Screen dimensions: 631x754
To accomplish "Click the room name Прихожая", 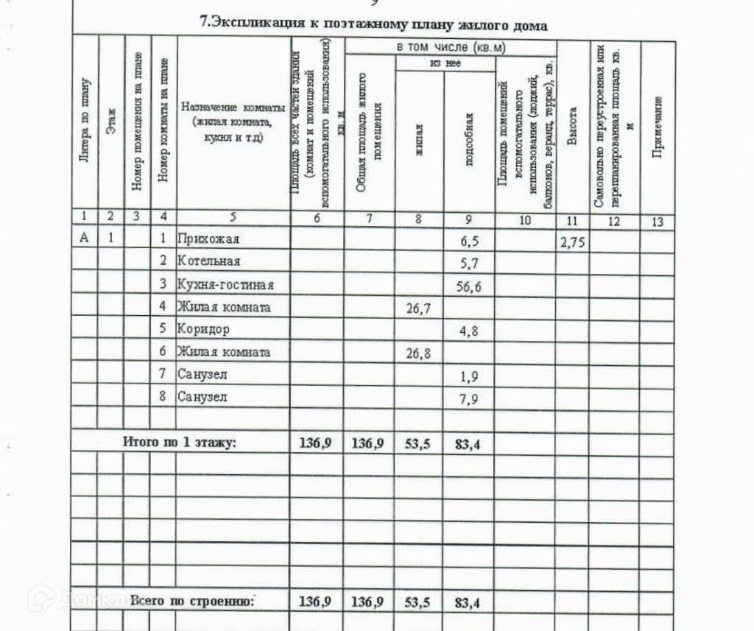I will click(208, 239).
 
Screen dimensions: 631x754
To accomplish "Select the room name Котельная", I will click(208, 261).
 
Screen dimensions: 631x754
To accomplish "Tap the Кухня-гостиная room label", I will click(225, 284).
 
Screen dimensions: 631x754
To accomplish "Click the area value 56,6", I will click(468, 287).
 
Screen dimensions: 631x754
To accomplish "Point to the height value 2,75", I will click(572, 243).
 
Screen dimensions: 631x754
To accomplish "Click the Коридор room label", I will click(203, 329).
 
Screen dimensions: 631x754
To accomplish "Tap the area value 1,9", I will click(468, 376).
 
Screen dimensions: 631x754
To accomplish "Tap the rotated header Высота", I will click(572, 127).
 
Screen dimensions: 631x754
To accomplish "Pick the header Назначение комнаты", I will click(233, 107).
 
